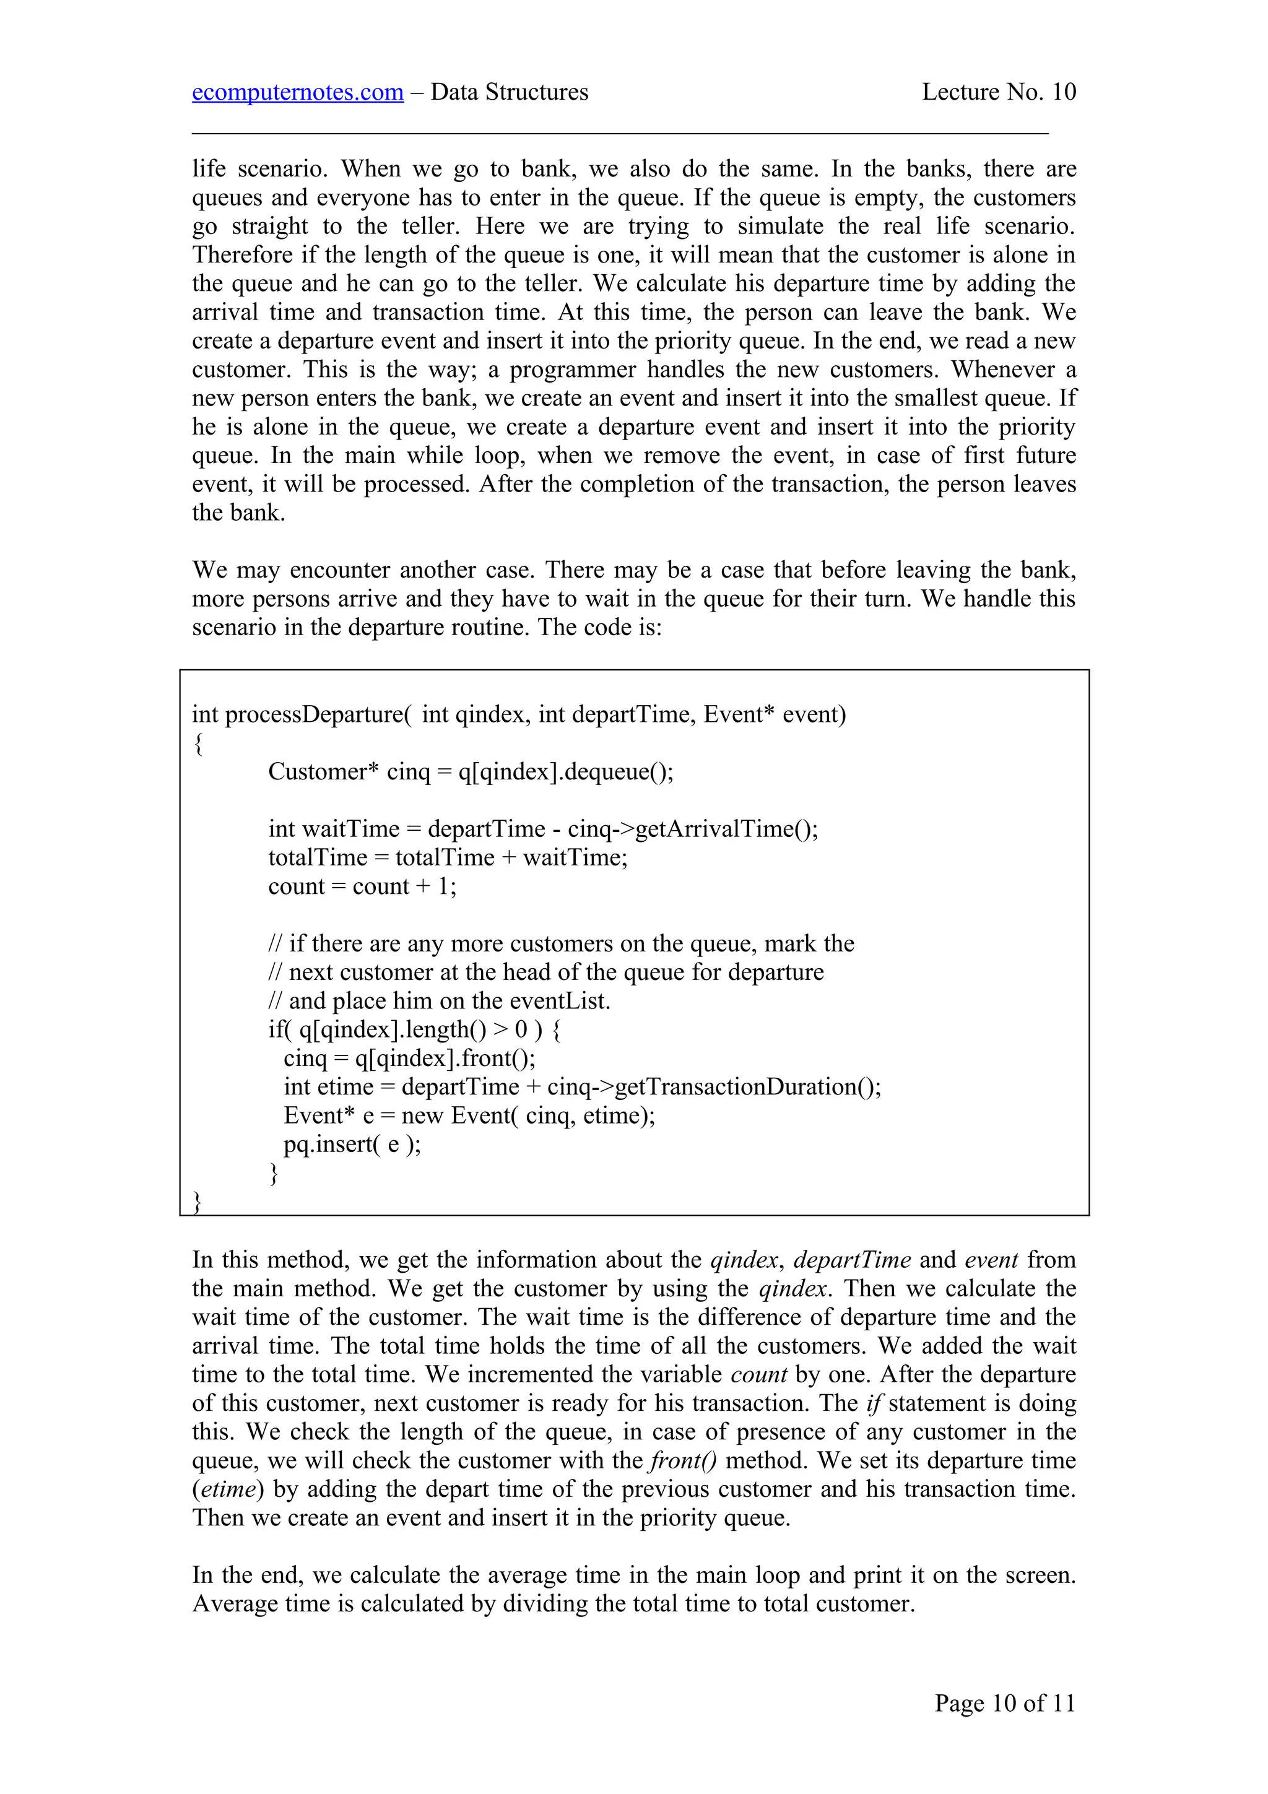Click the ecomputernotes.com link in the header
(298, 92)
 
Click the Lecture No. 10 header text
(999, 92)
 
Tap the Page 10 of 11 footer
(1005, 1702)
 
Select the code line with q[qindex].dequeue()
(471, 771)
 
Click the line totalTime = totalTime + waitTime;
(448, 857)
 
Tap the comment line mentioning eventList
(439, 1001)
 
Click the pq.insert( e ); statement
(352, 1144)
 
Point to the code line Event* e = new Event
(469, 1115)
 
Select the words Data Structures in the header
(510, 92)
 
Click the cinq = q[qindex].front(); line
(409, 1058)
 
